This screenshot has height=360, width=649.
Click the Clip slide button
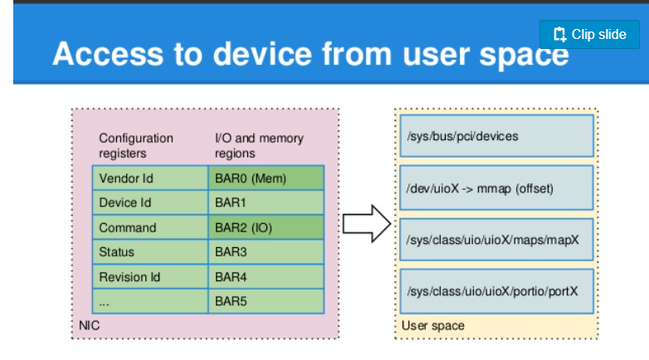pos(589,34)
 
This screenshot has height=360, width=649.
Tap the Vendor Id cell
pos(150,178)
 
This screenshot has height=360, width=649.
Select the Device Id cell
pos(150,202)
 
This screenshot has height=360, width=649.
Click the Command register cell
pos(150,227)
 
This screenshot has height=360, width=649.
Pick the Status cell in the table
pos(150,251)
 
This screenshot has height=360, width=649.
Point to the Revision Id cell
pos(150,276)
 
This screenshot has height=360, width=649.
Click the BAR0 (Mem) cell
pos(266,178)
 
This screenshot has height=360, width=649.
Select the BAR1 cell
pos(266,202)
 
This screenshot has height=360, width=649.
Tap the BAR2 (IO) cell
pos(266,227)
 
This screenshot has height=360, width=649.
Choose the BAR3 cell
pos(266,251)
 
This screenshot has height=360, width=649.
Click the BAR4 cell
pos(266,276)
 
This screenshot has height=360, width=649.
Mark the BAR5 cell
pos(266,301)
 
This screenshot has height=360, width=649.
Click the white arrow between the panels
pos(366,223)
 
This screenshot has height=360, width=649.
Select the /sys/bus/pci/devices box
pos(496,136)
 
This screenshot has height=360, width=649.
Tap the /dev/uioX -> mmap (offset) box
pos(496,188)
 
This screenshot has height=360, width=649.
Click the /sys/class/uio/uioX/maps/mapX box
pos(496,240)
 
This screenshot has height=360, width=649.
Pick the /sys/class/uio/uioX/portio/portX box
pos(496,291)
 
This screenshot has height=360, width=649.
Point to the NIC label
pos(89,325)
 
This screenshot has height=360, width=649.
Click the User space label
pos(433,326)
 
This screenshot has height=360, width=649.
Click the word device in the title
pos(262,54)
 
